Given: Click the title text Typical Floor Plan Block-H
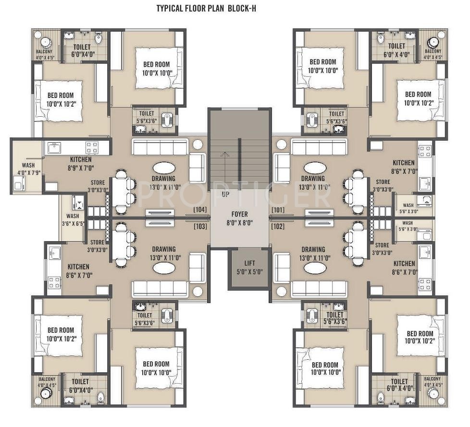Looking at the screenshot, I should [x=206, y=8].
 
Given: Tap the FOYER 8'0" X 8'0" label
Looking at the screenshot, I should [x=239, y=219].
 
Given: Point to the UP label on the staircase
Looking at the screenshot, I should [x=225, y=195].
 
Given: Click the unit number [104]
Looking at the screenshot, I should [x=199, y=210].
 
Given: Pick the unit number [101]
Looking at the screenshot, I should [x=278, y=210].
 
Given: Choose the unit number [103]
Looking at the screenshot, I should [x=199, y=226].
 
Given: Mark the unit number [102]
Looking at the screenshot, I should [x=278, y=226].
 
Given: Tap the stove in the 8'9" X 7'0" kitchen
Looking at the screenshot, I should [x=91, y=147].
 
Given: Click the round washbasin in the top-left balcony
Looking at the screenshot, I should [x=47, y=41].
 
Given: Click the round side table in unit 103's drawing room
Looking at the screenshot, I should [x=197, y=291].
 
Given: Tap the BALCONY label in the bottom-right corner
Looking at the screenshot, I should [x=433, y=379].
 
